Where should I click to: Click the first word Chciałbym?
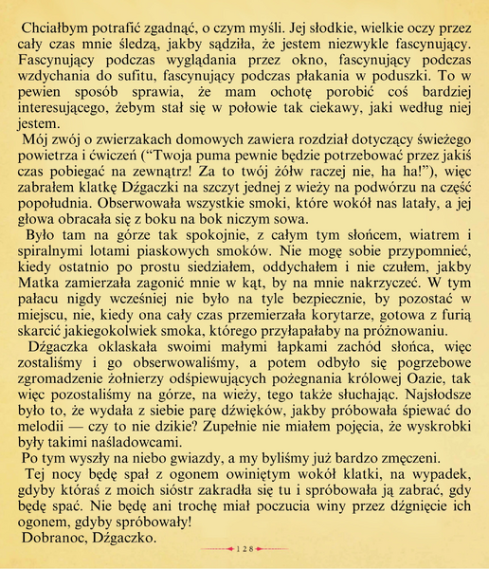tap(56, 20)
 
